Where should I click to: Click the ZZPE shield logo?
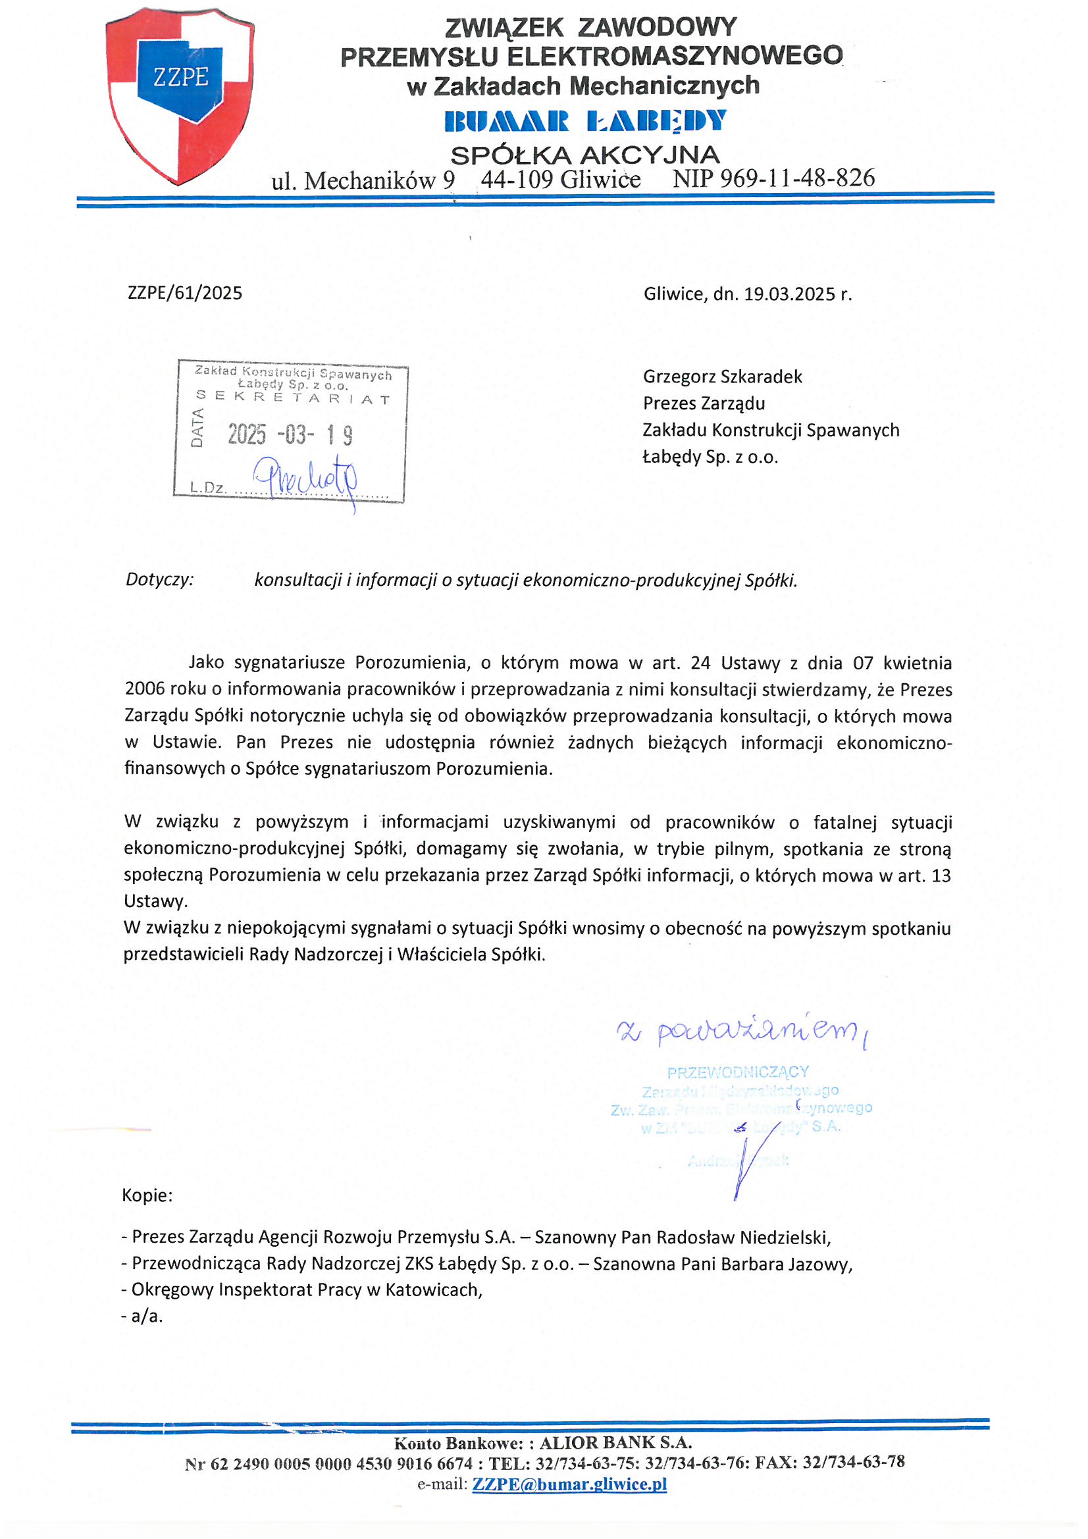pos(180,95)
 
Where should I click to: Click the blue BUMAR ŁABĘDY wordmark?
pos(585,121)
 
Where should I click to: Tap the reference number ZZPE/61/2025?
pos(185,293)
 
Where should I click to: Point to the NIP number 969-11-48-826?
pos(797,178)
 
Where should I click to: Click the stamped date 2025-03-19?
pos(290,435)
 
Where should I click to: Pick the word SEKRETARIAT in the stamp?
pos(293,398)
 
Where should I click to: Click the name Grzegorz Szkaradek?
pos(722,377)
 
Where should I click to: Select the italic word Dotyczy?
pos(159,579)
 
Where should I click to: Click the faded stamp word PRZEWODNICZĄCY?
pos(738,1072)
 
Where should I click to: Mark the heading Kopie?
pos(147,1195)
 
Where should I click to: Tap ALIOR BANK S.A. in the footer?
pos(615,1442)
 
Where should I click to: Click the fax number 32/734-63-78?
pos(854,1462)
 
